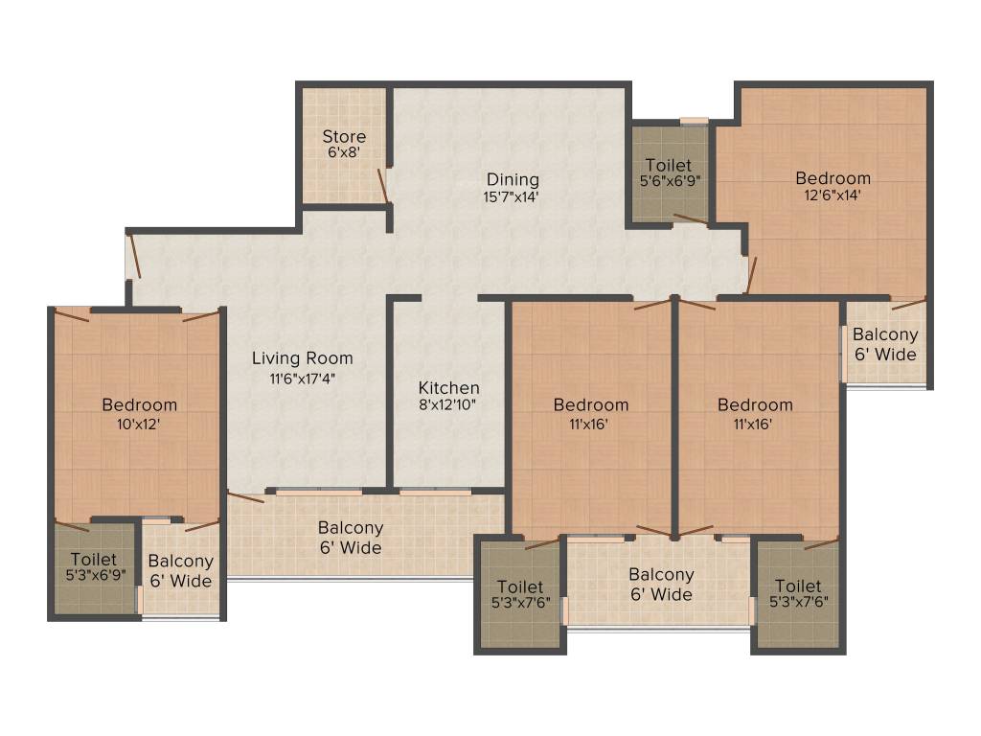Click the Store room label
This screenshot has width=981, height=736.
(x=344, y=136)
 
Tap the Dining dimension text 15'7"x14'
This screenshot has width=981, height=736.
(x=513, y=197)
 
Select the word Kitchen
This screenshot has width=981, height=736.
(x=448, y=387)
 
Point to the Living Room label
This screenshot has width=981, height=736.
(x=302, y=358)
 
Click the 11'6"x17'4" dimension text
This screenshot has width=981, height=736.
(x=302, y=378)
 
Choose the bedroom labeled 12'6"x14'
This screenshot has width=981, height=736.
(x=833, y=178)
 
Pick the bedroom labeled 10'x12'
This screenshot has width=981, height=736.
(x=139, y=404)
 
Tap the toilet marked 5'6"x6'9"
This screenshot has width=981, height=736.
(x=668, y=165)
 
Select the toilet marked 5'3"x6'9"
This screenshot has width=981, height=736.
(x=94, y=559)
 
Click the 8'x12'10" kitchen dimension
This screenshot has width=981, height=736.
(x=448, y=404)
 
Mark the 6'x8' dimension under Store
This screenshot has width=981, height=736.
(x=344, y=152)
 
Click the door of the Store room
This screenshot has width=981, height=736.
(x=382, y=186)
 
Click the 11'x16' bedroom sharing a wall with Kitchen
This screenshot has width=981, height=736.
(x=591, y=404)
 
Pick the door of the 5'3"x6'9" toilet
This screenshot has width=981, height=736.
(x=72, y=525)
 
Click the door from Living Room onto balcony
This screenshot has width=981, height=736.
(x=245, y=496)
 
